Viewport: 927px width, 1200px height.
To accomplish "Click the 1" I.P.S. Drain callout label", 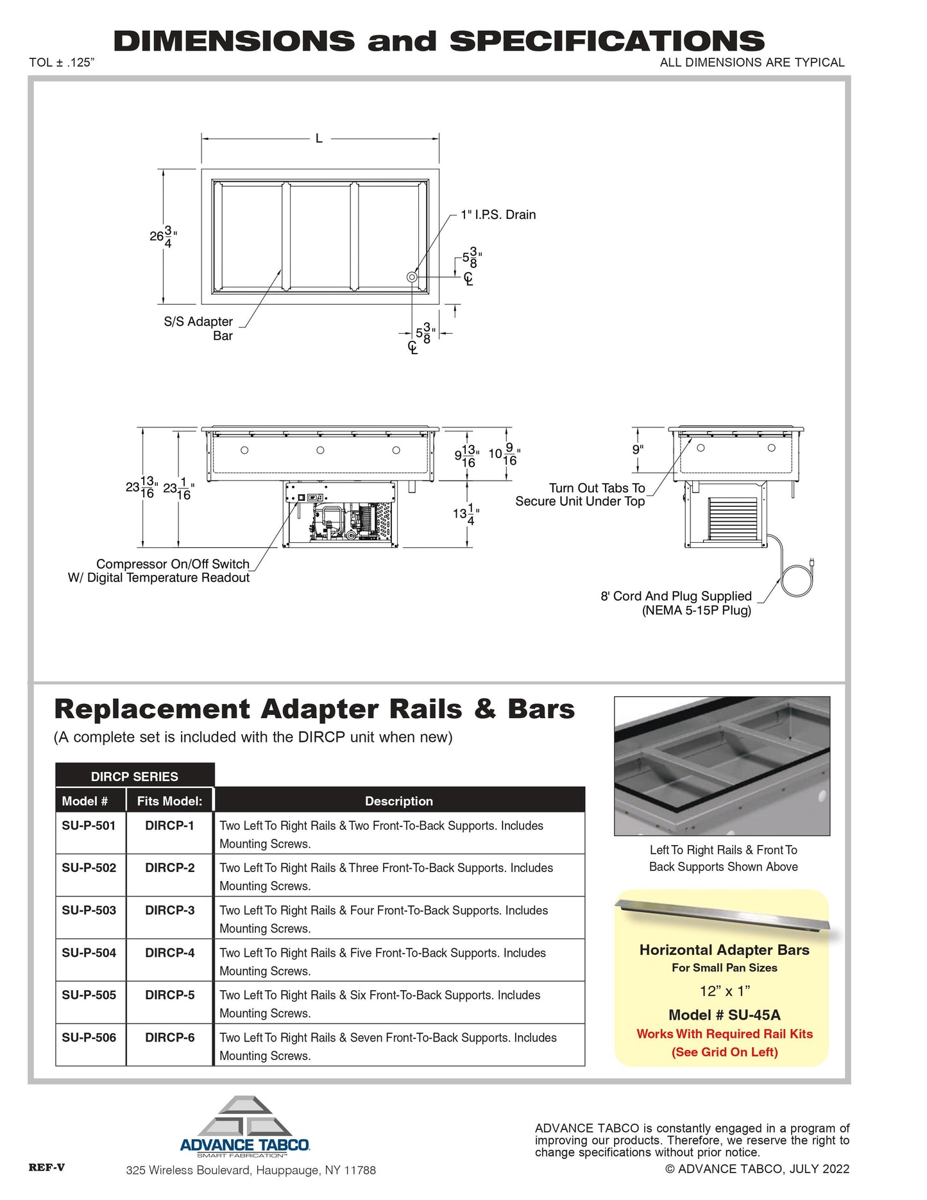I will click(x=498, y=215).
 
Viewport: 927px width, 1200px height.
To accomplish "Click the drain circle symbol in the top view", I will click(x=412, y=277).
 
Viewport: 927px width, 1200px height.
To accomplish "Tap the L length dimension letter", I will click(x=319, y=138).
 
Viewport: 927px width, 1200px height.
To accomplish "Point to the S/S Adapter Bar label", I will click(x=198, y=328).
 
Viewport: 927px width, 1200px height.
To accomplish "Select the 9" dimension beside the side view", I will click(x=637, y=449).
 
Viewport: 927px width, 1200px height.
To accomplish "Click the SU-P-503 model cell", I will click(x=89, y=910).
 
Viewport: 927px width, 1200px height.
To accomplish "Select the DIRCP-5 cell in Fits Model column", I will click(x=169, y=995).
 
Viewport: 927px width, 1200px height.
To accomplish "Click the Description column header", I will click(x=398, y=801).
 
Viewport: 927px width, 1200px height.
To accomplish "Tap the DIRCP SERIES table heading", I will click(x=134, y=776).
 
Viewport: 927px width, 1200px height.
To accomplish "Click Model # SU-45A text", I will click(x=724, y=1015).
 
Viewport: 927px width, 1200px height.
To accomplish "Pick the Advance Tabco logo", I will click(x=245, y=1127).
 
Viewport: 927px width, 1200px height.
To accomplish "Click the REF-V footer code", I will click(x=46, y=1167).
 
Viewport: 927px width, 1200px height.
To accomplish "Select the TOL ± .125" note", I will click(x=62, y=62).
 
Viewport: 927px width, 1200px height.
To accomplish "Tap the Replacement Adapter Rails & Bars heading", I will click(x=314, y=709).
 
